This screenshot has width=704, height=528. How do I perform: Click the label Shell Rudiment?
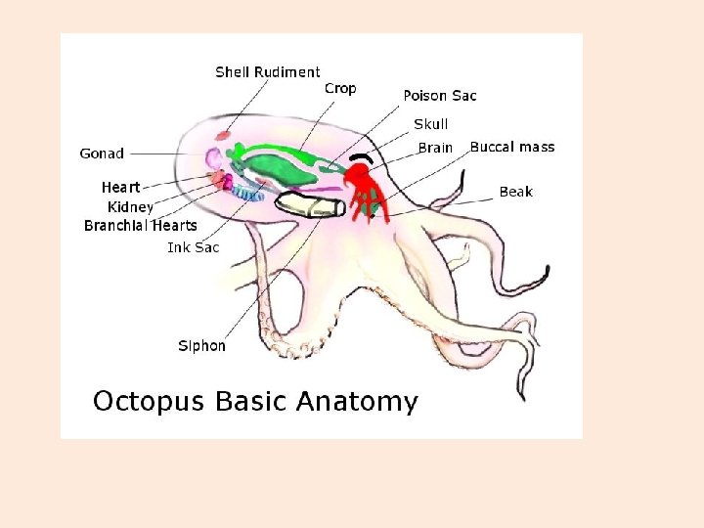[267, 71]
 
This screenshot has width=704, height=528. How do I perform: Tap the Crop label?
[340, 88]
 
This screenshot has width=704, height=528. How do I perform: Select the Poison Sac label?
[440, 95]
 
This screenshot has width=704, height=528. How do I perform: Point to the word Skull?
[431, 124]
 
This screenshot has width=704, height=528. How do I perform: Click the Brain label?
[435, 148]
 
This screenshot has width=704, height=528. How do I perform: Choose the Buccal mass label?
[511, 147]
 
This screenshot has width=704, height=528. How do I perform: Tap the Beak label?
[515, 192]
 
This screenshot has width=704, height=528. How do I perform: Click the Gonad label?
[102, 153]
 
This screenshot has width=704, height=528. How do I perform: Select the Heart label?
[120, 187]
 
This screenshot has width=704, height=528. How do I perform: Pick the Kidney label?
[130, 206]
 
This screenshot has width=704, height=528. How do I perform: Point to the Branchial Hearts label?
[140, 226]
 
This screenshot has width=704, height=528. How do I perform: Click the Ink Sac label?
[193, 247]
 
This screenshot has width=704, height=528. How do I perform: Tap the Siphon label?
[201, 345]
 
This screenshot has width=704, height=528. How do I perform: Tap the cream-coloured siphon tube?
[309, 205]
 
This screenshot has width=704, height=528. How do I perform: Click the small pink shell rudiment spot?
[224, 134]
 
